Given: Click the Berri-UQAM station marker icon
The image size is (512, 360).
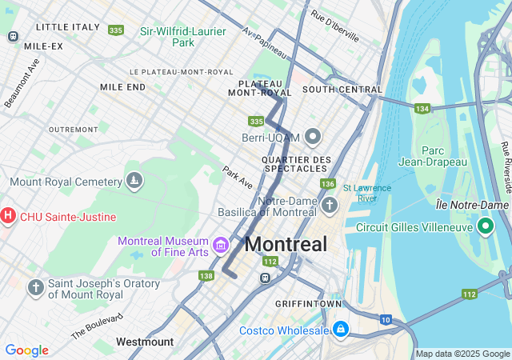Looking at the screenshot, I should [x=312, y=137].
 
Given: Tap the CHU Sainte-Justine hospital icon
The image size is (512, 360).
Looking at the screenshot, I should [x=9, y=216].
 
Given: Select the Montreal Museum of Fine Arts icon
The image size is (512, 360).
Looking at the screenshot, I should [x=221, y=242].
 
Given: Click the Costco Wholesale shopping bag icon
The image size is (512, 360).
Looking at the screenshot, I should [x=341, y=330].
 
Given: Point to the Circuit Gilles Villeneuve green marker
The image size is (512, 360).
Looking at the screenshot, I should [x=485, y=226].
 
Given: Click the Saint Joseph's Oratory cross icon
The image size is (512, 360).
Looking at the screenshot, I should [x=35, y=287].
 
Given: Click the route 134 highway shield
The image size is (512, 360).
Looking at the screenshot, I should [x=422, y=108].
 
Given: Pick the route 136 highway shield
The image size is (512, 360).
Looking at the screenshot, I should [x=327, y=184].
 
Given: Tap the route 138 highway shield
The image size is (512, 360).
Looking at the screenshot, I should [x=206, y=276].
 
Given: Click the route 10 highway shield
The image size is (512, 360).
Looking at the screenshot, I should [x=386, y=320].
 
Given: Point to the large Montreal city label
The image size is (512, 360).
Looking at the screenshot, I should [x=286, y=244].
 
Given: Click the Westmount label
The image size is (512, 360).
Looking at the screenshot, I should [x=144, y=342].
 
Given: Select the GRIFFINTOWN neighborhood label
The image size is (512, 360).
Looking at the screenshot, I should [x=308, y=304].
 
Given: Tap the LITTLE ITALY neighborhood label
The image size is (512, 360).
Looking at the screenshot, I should [x=67, y=26].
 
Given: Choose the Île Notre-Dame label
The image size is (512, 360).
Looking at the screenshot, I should [x=474, y=205].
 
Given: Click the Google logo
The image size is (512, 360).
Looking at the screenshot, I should [x=26, y=350].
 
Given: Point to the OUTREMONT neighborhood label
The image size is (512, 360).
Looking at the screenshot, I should [x=73, y=129].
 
